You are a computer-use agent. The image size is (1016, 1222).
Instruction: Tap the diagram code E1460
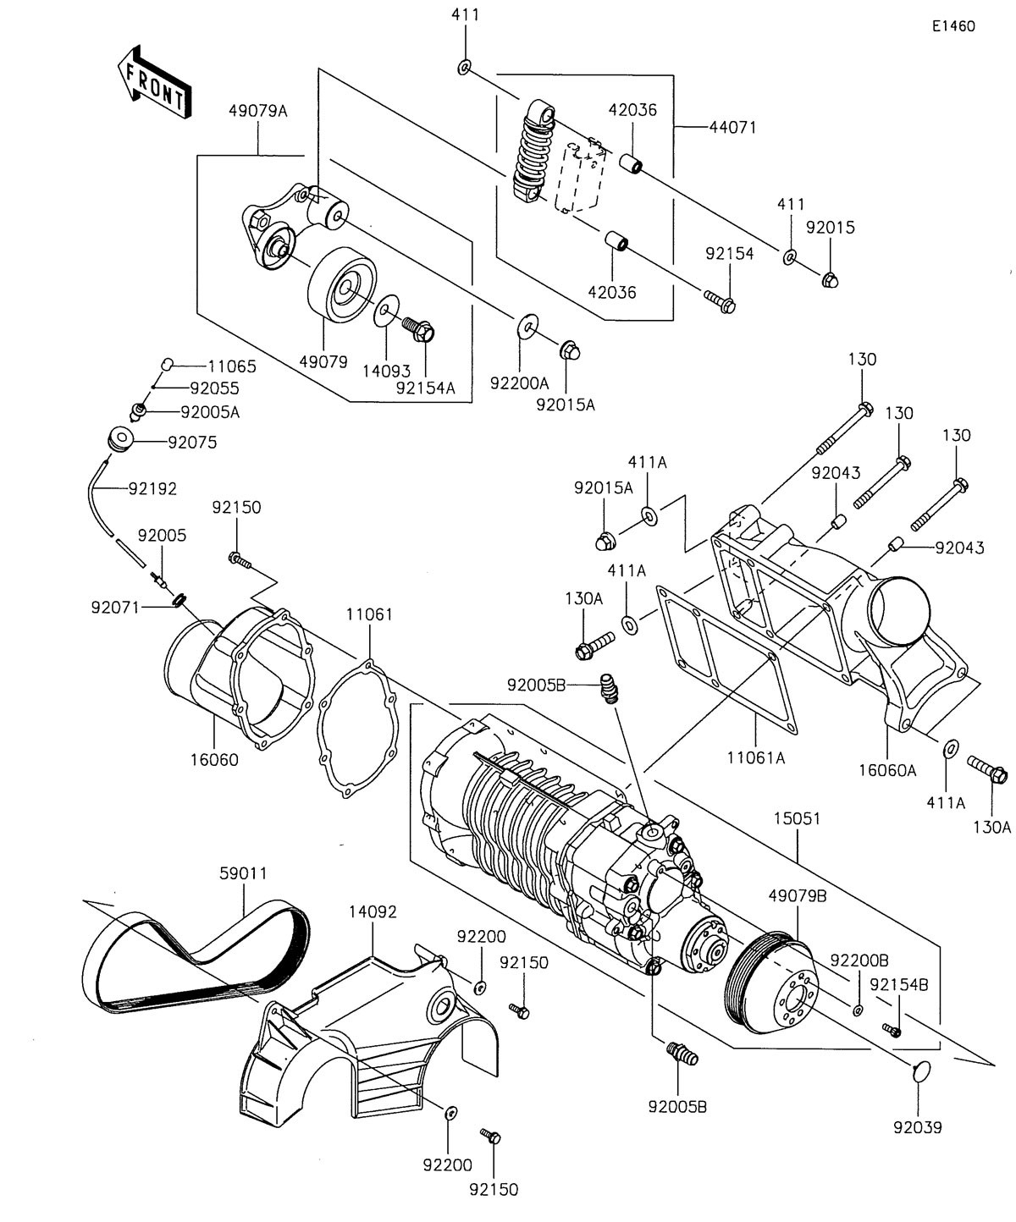pyautogui.click(x=952, y=26)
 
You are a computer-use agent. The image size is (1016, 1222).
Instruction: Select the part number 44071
pyautogui.click(x=733, y=128)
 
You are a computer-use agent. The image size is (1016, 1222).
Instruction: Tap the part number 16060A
pyautogui.click(x=888, y=770)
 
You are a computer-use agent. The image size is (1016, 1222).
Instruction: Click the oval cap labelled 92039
pyautogui.click(x=919, y=1073)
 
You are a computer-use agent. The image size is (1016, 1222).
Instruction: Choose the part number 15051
pyautogui.click(x=796, y=819)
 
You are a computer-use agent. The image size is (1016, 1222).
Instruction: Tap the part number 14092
pyautogui.click(x=373, y=911)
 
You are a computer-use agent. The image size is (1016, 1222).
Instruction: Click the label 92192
pyautogui.click(x=152, y=488)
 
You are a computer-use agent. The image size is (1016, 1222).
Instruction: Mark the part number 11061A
pyautogui.click(x=756, y=758)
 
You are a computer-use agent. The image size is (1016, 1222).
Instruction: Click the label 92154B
pyautogui.click(x=899, y=984)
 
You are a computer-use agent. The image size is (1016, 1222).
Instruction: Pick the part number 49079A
pyautogui.click(x=257, y=109)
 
